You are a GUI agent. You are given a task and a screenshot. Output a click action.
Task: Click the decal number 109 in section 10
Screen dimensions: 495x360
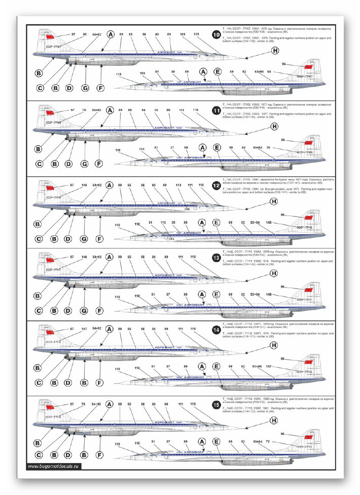point(183,34)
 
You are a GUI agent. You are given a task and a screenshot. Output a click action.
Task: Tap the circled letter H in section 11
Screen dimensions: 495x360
point(274,126)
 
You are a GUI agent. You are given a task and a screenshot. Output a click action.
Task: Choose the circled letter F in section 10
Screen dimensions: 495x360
point(100,88)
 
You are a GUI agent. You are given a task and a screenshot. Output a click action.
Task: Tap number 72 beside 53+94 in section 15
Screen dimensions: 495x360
point(282,442)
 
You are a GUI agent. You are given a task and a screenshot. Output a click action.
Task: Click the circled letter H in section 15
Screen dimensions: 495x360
point(274,418)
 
